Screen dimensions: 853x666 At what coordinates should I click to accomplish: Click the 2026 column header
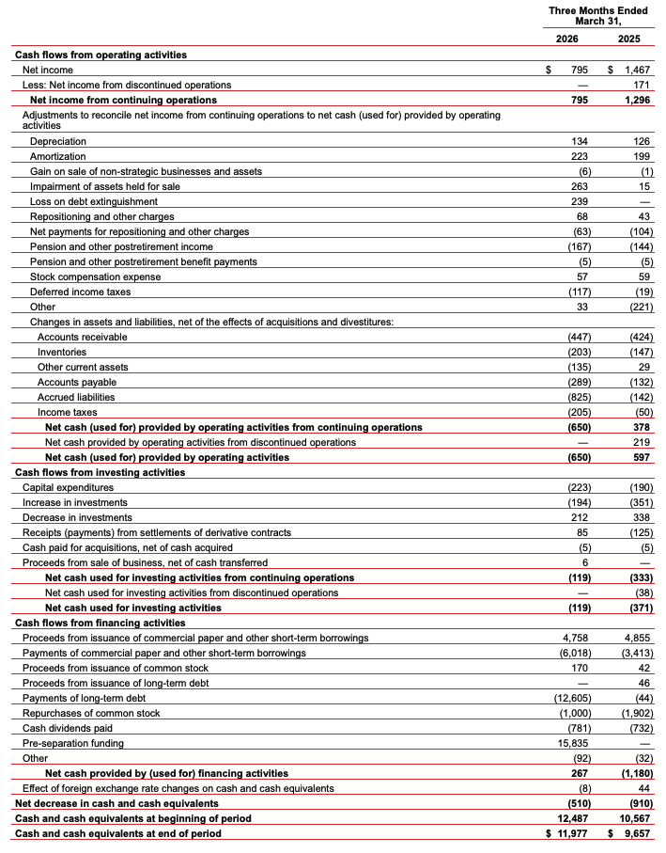566,39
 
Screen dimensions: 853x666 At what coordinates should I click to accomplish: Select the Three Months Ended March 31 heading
598,16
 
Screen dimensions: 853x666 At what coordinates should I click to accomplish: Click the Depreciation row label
58,141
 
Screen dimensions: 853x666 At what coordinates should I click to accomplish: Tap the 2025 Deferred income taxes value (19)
641,292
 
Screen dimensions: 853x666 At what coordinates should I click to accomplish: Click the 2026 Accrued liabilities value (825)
573,397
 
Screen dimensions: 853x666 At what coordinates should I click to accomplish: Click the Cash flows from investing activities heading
100,472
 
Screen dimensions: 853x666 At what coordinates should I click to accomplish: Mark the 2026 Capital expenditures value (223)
573,487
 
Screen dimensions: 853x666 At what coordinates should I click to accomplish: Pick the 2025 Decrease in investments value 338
641,517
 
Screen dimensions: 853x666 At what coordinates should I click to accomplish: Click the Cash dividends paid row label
67,728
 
